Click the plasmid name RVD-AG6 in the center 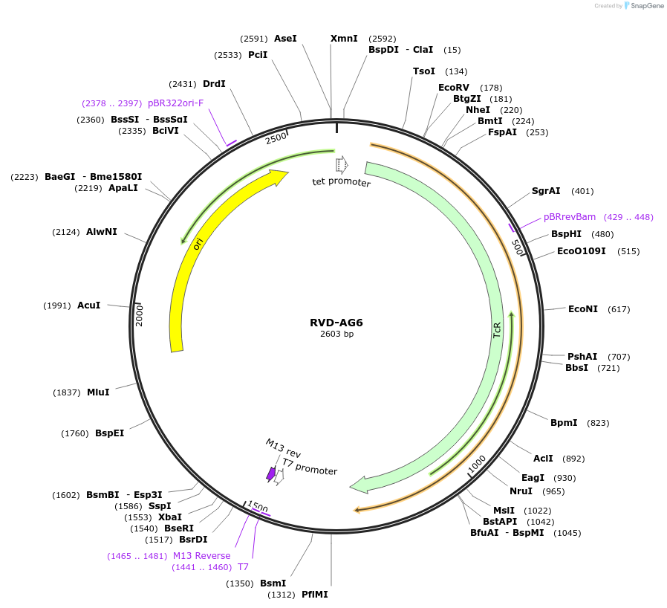tap(336, 323)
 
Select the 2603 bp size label tap(336, 334)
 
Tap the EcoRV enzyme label tap(454, 88)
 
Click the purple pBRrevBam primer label tap(570, 217)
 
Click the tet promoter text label tap(341, 182)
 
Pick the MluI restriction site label tap(98, 392)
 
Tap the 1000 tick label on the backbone tap(477, 464)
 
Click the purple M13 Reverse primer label tap(201, 556)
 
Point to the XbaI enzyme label tap(169, 517)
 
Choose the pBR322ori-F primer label tap(175, 103)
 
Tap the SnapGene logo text tap(645, 6)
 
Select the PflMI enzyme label tap(314, 595)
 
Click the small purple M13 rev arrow tap(271, 473)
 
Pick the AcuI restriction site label tap(88, 305)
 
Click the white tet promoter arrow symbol tap(342, 164)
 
